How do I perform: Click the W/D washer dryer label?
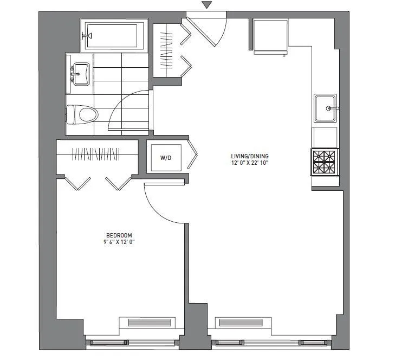click(166, 158)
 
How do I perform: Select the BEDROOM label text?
click(119, 234)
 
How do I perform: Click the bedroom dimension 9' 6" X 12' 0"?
click(119, 242)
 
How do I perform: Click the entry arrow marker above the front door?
click(206, 5)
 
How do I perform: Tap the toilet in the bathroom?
click(82, 114)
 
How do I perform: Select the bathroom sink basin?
click(81, 72)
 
